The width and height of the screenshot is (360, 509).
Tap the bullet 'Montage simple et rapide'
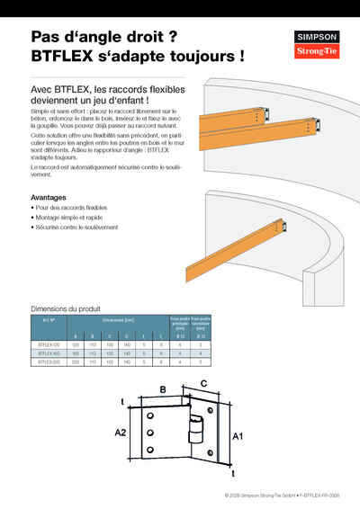(68, 218)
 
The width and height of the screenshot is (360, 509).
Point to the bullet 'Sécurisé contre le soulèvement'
(76, 228)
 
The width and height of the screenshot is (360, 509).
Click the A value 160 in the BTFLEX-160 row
(76, 353)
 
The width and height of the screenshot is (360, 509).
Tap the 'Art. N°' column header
(49, 320)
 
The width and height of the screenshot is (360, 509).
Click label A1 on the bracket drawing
(238, 435)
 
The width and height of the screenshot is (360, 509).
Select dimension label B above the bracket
(163, 389)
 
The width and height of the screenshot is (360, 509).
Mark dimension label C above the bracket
(203, 384)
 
